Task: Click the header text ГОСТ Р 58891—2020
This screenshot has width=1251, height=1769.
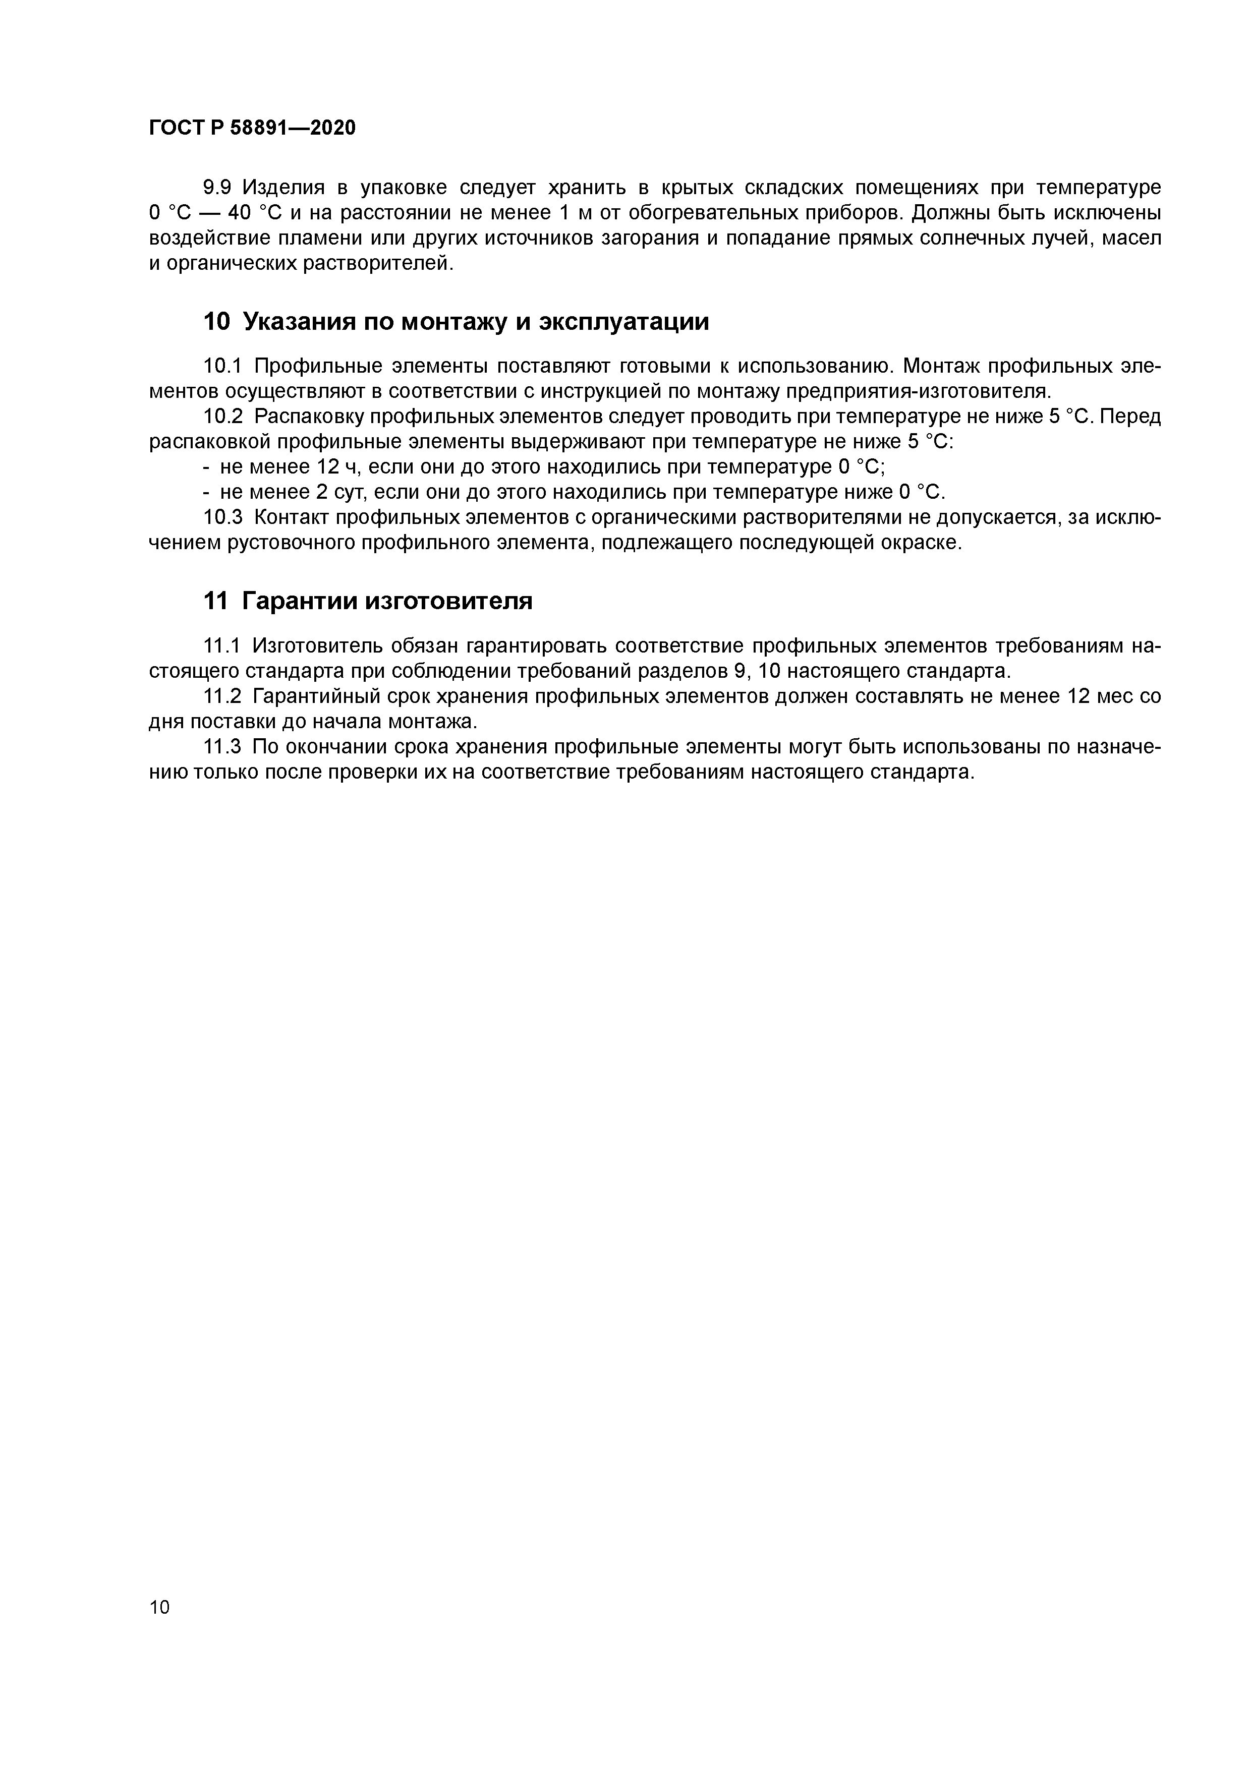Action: [252, 128]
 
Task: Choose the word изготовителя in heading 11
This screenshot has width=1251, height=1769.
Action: [448, 600]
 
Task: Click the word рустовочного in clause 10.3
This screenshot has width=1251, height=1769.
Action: [294, 543]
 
